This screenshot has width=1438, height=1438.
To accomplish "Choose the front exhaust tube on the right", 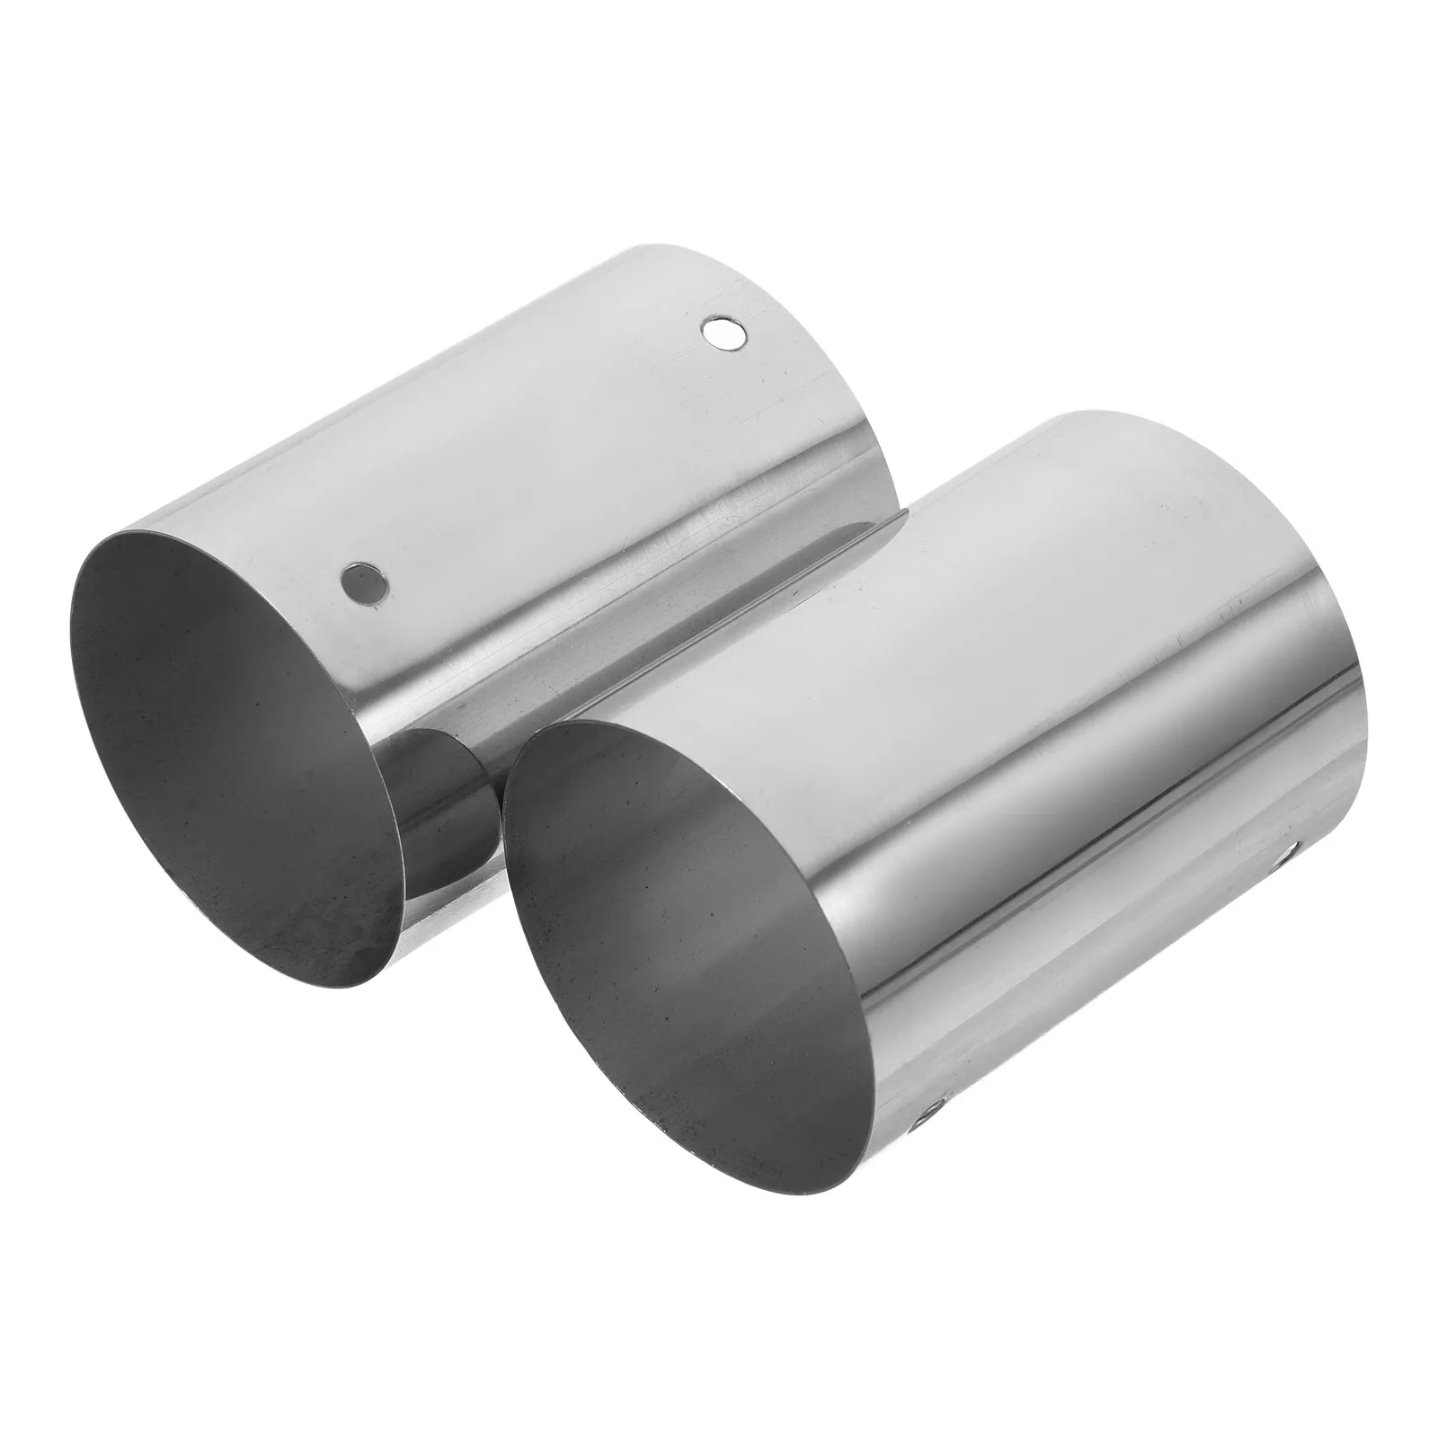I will click(x=1034, y=719).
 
